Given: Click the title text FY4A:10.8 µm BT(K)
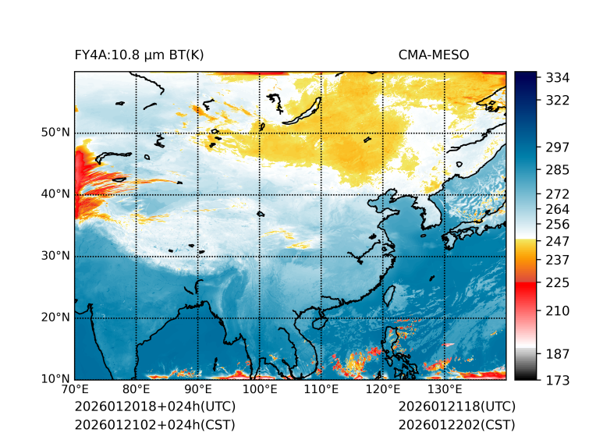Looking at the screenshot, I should point(139,55).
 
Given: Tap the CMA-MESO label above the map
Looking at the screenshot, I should point(433,55).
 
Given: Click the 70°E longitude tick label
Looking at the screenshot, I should point(75,390).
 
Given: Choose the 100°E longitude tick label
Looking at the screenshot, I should point(260,390).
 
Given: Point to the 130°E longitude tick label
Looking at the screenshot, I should point(445,390).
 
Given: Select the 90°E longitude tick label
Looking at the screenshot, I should point(198,390).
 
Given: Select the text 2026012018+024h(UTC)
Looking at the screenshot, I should point(154,407).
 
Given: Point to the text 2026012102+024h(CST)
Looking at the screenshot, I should point(154,425).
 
